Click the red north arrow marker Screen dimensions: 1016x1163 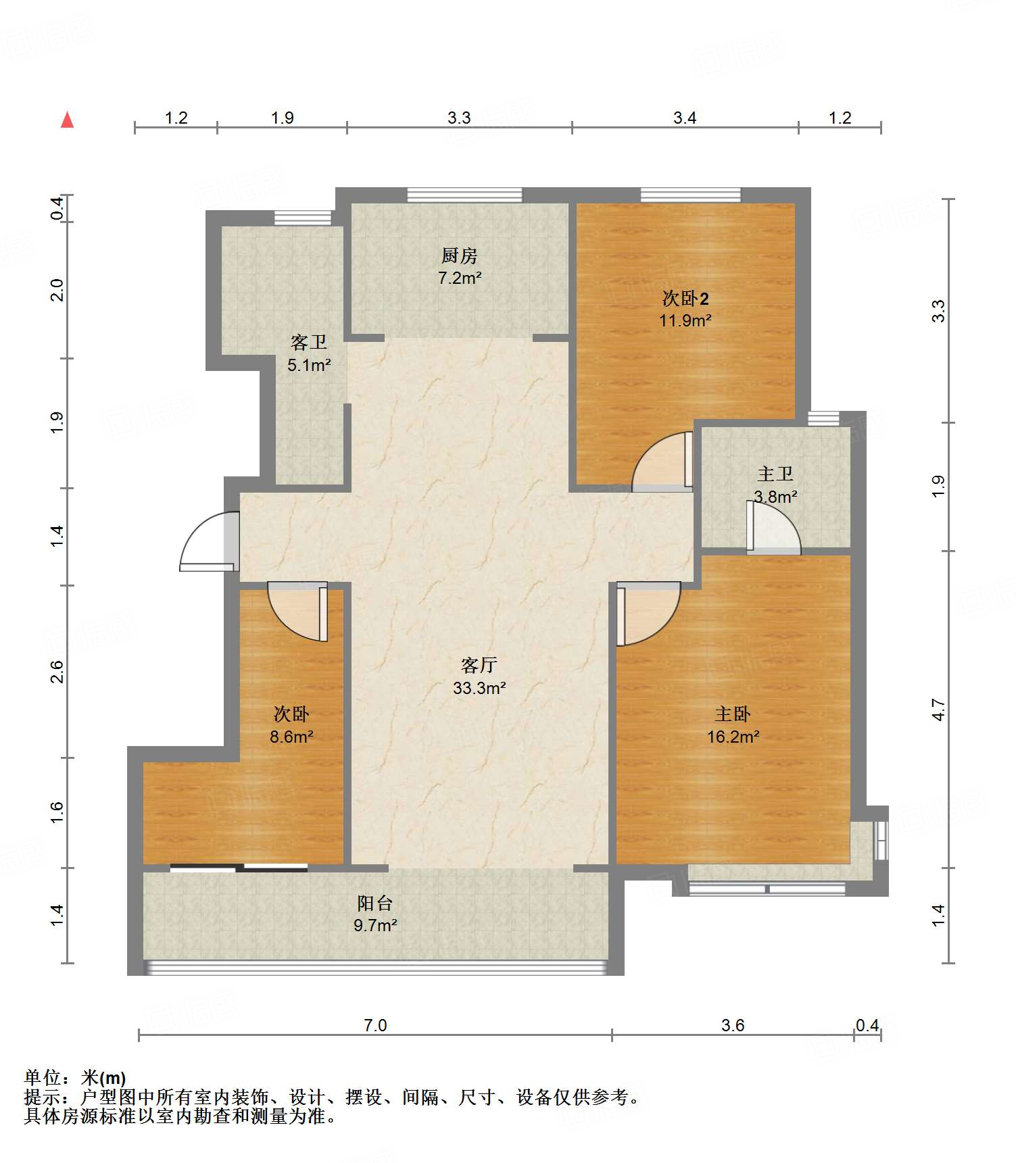(x=67, y=120)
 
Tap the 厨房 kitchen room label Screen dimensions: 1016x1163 (x=460, y=255)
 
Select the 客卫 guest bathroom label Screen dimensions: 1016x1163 (x=309, y=342)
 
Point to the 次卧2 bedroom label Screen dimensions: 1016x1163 (x=685, y=298)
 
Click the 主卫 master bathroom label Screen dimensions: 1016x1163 (x=775, y=474)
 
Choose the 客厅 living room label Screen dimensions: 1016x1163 (x=479, y=665)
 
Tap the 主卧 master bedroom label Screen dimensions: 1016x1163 (x=733, y=714)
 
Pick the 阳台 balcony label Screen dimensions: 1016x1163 (x=375, y=903)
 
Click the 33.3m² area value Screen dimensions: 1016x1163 (x=480, y=688)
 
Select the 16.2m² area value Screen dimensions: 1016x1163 (x=733, y=737)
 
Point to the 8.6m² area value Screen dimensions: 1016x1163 (x=291, y=737)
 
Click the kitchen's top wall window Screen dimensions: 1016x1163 (x=465, y=195)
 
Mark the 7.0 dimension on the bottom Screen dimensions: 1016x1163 (x=375, y=1025)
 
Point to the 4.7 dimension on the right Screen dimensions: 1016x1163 (x=938, y=710)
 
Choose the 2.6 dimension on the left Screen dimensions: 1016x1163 (x=57, y=672)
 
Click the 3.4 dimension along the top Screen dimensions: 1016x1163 (x=685, y=118)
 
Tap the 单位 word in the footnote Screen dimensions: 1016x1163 (x=43, y=1077)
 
